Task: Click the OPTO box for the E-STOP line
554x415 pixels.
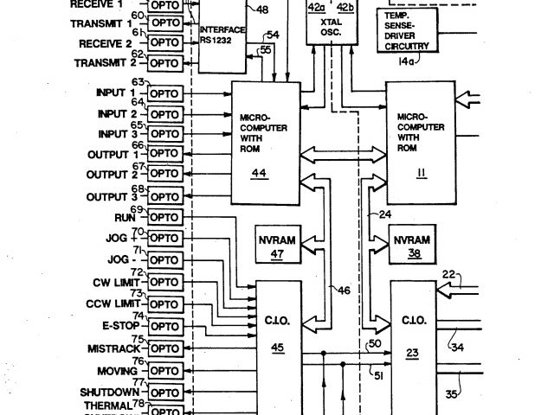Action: point(164,327)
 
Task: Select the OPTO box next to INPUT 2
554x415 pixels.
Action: point(164,114)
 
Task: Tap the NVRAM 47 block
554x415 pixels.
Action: point(278,246)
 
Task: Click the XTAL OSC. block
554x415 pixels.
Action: point(329,21)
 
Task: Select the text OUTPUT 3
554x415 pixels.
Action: point(112,197)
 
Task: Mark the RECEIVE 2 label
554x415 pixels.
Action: point(105,43)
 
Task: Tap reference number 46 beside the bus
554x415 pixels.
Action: point(344,291)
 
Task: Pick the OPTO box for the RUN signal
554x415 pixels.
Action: point(164,217)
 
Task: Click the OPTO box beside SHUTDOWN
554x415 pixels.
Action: point(164,391)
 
